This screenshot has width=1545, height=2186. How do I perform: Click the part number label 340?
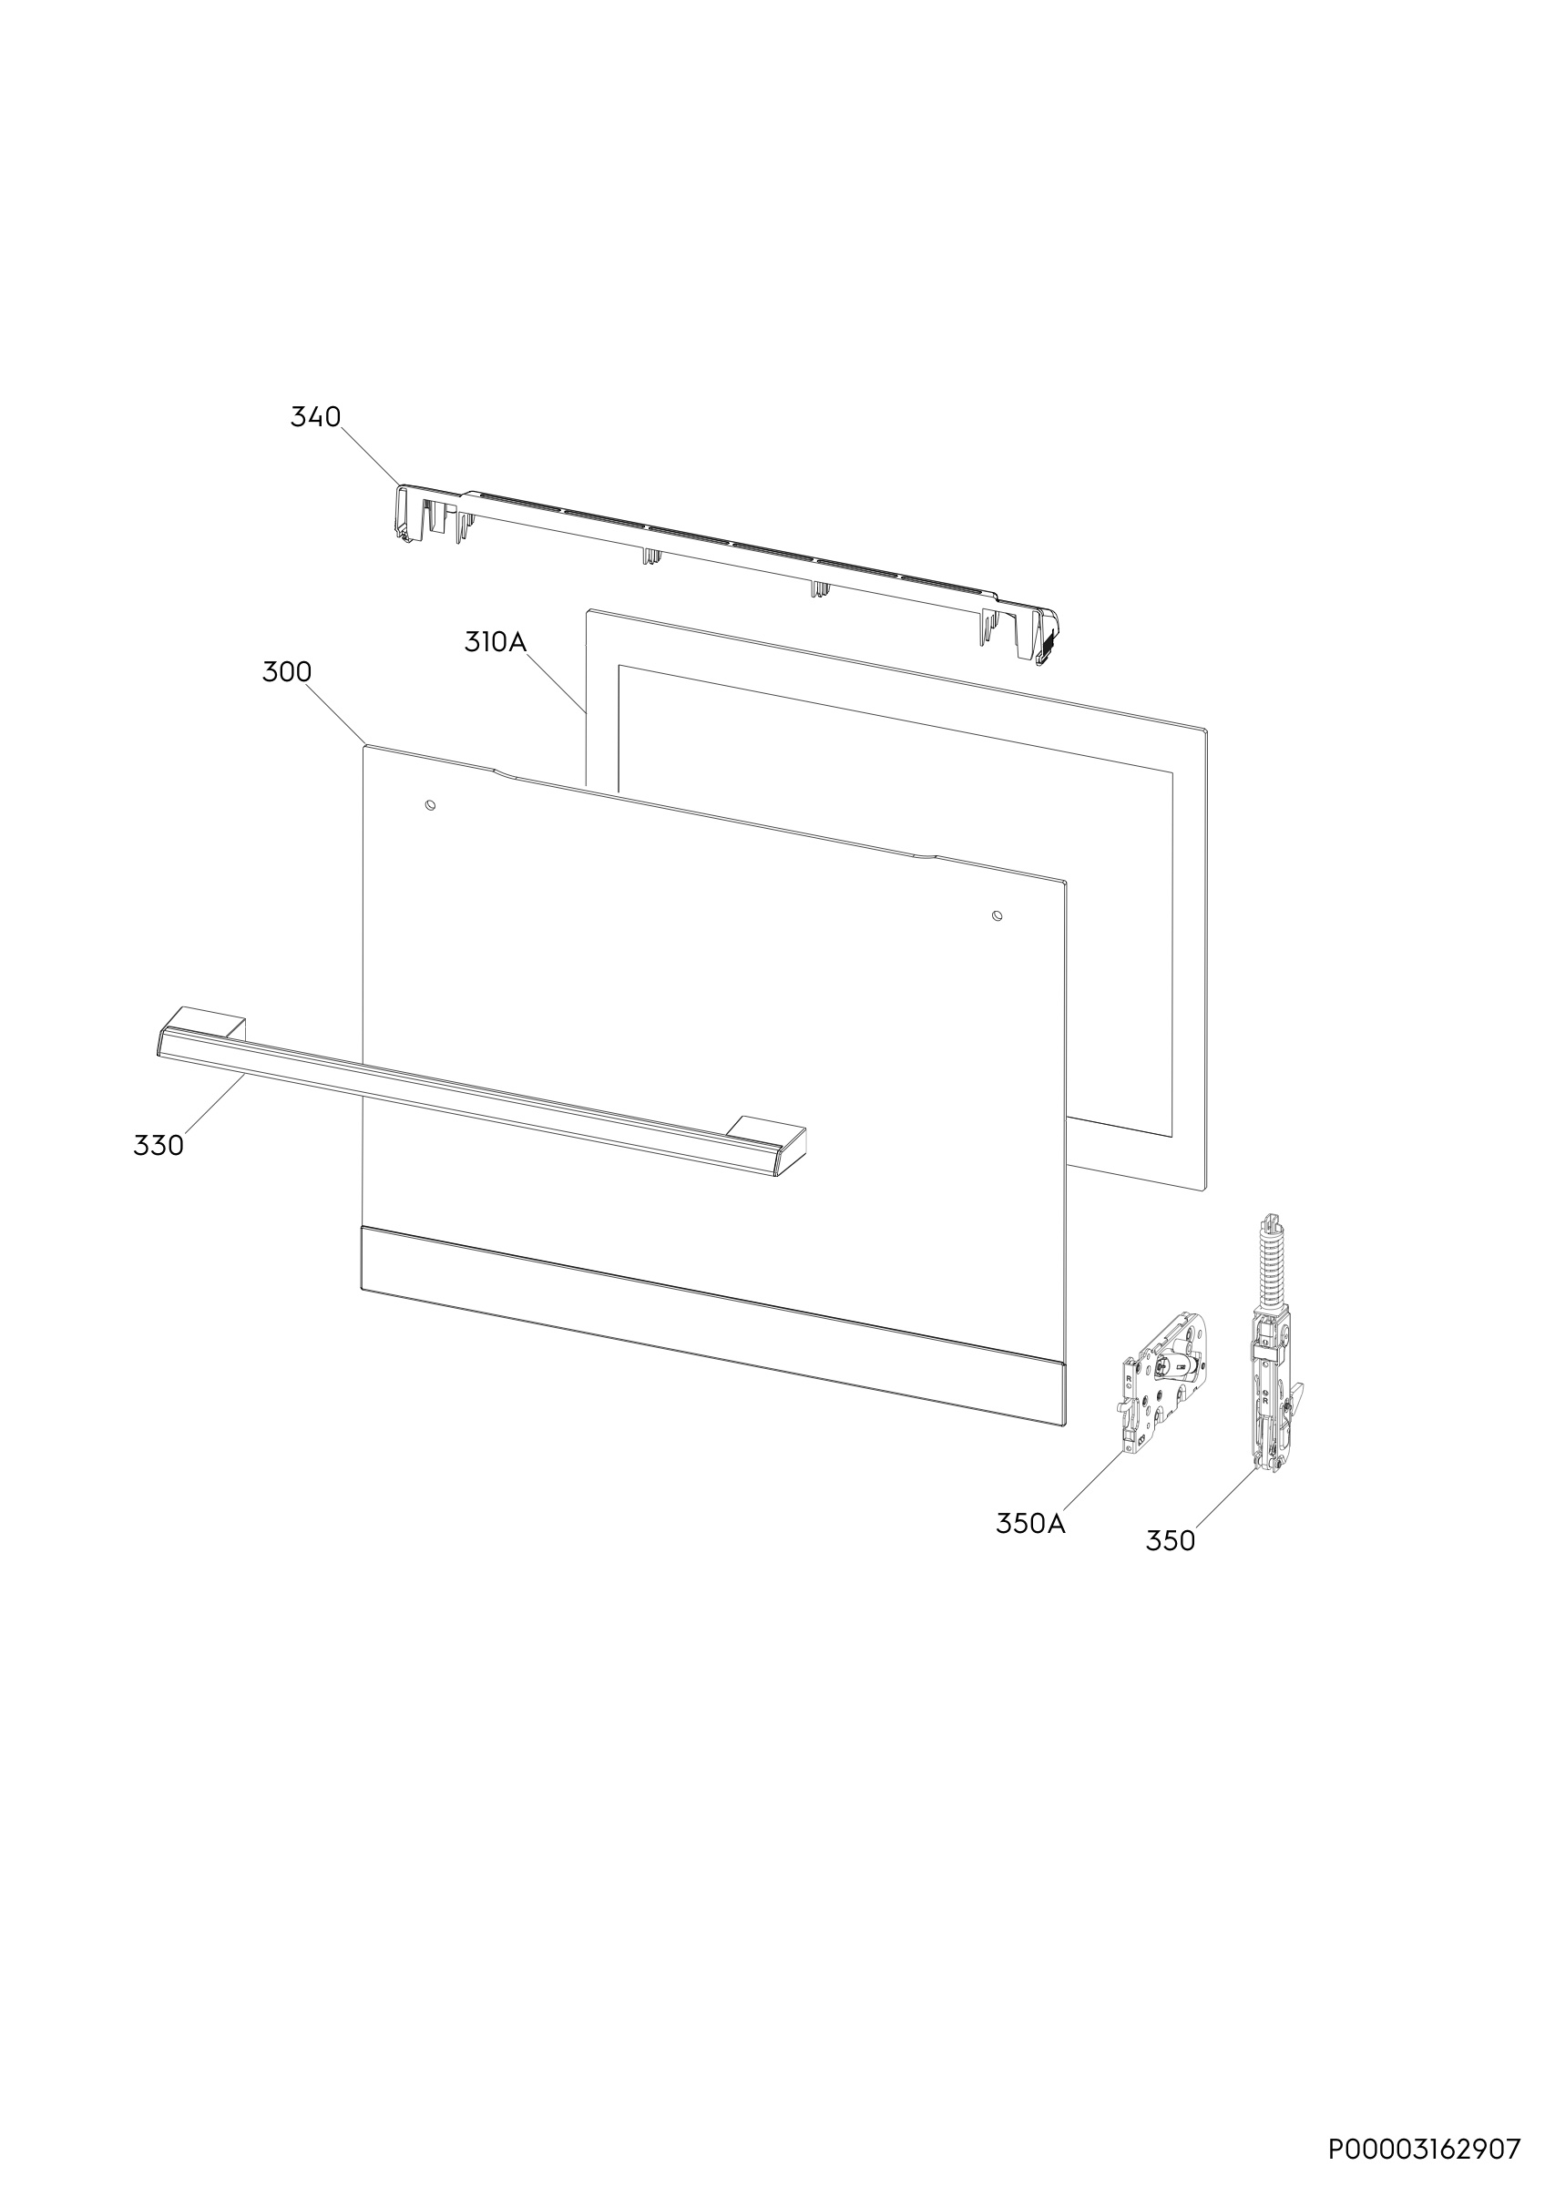(x=315, y=417)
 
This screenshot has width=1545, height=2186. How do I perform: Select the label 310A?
(x=495, y=642)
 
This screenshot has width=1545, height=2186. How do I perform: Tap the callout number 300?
(x=287, y=672)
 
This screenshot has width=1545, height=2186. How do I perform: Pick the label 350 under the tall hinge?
(x=1170, y=1540)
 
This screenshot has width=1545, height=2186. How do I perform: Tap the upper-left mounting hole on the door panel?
(x=430, y=805)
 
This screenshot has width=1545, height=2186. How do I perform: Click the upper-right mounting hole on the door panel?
(x=997, y=915)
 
